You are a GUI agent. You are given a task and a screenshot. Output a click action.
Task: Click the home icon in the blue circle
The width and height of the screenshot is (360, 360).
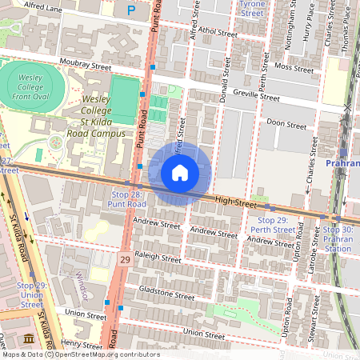pos(180,173)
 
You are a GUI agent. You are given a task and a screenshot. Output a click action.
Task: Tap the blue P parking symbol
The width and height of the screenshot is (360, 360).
pos(131,10)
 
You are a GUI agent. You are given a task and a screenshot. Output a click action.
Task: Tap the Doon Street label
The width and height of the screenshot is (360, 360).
pos(286,125)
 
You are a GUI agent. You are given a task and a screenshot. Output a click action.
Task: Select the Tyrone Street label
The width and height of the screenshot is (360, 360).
pos(253,9)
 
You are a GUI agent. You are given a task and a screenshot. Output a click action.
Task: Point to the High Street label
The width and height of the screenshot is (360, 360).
pos(234,204)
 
